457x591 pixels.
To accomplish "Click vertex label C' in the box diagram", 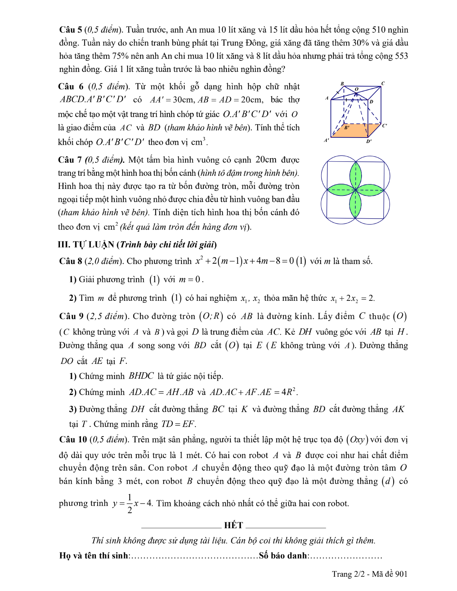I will [x=384, y=126].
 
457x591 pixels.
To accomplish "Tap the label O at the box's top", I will [x=356, y=89].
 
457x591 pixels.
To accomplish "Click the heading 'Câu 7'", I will [x=70, y=160].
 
